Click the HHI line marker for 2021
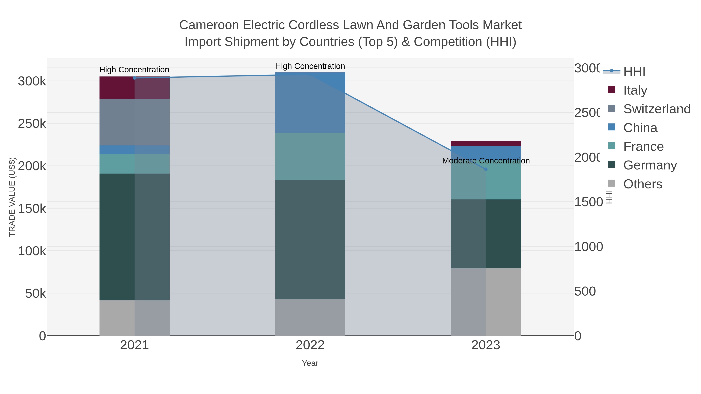point(134,78)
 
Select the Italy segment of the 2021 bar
point(134,88)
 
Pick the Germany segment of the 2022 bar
point(310,239)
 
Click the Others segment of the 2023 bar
point(486,302)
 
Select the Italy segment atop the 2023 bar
point(486,143)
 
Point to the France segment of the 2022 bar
point(310,156)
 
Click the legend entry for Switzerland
point(657,109)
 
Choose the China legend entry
point(640,128)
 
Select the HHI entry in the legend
point(634,72)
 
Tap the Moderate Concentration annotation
point(486,161)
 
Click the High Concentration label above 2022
point(310,66)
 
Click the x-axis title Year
point(310,363)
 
